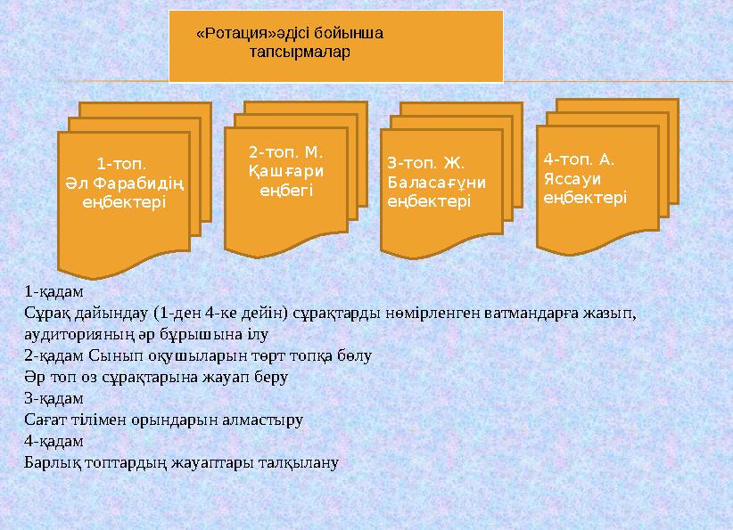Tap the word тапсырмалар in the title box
(x=300, y=52)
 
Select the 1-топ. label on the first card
(x=120, y=164)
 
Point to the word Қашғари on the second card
(x=285, y=171)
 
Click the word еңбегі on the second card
(x=285, y=190)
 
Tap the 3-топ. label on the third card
(x=411, y=163)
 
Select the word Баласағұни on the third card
(x=436, y=183)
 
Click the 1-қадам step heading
(x=54, y=291)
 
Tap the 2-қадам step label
(x=54, y=355)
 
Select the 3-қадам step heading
(x=54, y=398)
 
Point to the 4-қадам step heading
(x=54, y=441)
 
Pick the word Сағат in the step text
(x=44, y=420)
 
